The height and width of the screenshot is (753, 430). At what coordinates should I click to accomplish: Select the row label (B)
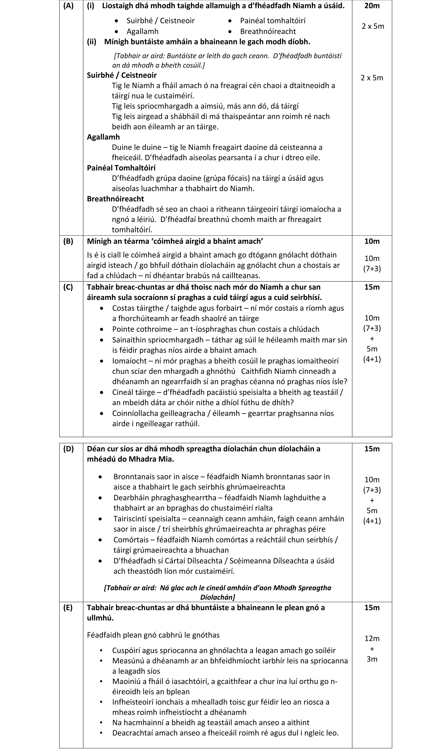(68, 241)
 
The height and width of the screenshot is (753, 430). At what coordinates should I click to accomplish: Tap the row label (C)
(68, 287)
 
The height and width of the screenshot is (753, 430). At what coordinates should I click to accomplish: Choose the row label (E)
(68, 607)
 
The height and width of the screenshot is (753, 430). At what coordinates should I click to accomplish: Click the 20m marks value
(372, 6)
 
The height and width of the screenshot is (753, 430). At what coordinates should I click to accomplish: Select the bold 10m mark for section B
(372, 241)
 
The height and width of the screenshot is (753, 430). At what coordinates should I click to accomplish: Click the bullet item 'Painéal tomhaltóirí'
(272, 21)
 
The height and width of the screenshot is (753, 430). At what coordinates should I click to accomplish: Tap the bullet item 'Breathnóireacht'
(268, 31)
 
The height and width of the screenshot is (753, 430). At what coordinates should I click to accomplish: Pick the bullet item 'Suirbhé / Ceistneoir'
(160, 21)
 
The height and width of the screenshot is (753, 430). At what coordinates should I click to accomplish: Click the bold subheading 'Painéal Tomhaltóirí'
(121, 168)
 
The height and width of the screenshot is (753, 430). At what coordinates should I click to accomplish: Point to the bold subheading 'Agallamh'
(103, 137)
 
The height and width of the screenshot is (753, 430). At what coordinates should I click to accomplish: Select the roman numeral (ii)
(92, 42)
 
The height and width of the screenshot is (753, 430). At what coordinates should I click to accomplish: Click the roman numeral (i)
(90, 6)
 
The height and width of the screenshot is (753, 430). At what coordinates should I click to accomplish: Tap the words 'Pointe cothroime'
(142, 329)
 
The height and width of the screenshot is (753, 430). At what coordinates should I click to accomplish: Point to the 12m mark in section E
(372, 638)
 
